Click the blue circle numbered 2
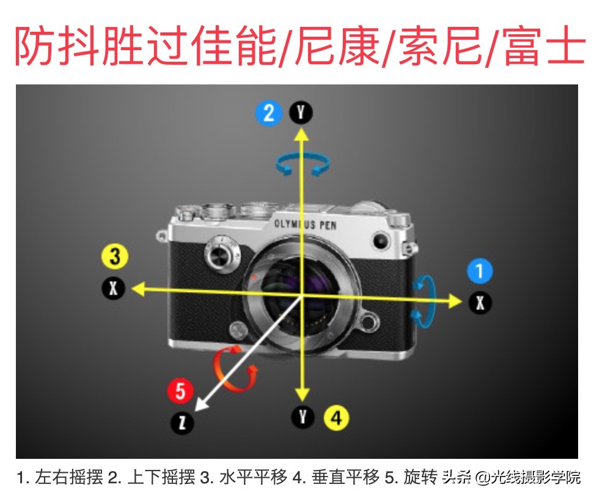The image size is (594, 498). pos(269,113)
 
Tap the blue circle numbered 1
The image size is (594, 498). pos(480,271)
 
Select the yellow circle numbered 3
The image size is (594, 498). pos(115,256)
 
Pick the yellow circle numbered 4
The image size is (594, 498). pos(336,418)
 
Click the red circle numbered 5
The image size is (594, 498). pos(180,391)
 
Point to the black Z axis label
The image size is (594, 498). pos(182,423)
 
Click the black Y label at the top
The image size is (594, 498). pos(301,113)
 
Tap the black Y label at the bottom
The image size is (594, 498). pos(302,417)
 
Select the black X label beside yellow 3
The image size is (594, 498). pos(113,288)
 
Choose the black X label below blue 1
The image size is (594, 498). pos(480,303)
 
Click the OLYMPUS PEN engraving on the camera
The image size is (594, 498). pos(306,225)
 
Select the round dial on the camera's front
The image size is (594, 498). pos(222,254)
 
